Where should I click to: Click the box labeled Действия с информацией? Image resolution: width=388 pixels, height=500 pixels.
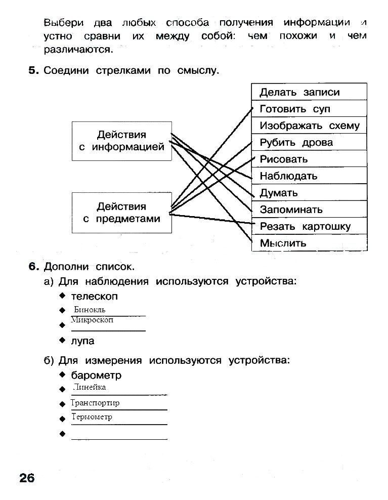(122, 141)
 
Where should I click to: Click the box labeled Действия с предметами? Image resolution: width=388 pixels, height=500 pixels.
(122, 213)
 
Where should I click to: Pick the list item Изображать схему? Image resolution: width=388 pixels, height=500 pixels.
(309, 126)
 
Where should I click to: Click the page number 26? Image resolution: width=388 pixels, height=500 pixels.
(27, 477)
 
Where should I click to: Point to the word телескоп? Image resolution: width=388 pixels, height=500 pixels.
(94, 296)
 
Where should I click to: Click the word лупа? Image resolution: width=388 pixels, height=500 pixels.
(82, 341)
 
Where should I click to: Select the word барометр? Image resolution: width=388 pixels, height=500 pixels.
(96, 376)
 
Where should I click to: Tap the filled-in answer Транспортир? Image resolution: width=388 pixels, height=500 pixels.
(95, 403)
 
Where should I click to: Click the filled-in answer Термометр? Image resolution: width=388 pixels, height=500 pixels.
(92, 417)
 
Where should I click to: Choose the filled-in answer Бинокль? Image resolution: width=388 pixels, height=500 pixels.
(90, 310)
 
